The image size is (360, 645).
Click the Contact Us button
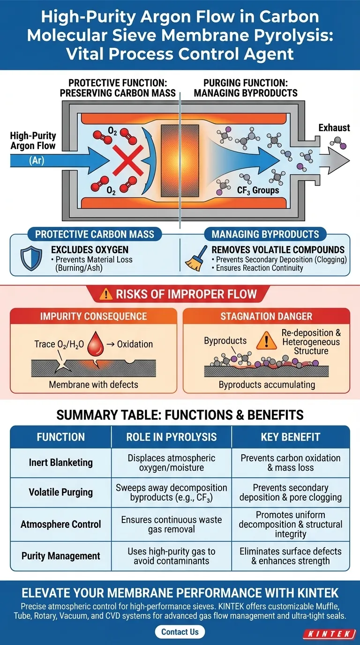(x=180, y=631)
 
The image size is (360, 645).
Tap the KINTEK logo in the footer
(x=329, y=634)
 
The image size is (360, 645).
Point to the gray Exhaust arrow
(x=336, y=161)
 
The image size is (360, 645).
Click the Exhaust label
(x=334, y=127)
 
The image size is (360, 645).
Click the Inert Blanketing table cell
(x=60, y=462)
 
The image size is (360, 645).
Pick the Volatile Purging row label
(x=60, y=492)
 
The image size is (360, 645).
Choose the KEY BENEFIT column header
(x=291, y=437)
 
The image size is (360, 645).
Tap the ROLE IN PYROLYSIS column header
(x=172, y=437)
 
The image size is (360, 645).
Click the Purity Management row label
(x=60, y=556)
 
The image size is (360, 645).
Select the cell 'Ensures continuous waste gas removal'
(x=172, y=524)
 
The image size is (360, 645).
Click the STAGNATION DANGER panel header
(x=266, y=316)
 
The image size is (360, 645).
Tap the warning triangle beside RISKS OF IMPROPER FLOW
(x=107, y=294)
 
